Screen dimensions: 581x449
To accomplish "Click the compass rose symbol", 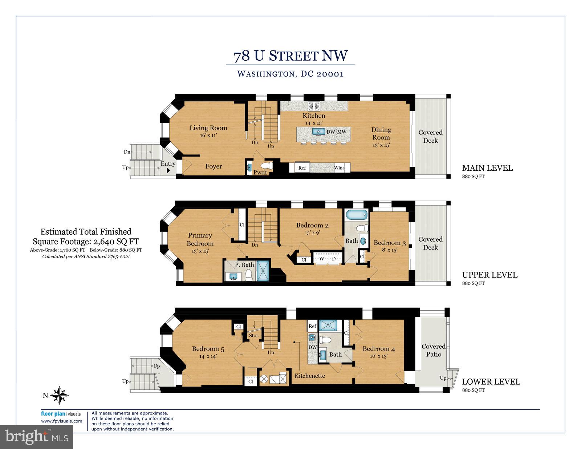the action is pos(59,395).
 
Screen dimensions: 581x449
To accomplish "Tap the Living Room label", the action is pos(208,128).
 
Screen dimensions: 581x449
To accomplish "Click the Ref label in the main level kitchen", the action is pos(302,168).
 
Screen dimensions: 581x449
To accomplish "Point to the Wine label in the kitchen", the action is pos(339,168).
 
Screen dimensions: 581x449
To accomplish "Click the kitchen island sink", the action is pos(319,132).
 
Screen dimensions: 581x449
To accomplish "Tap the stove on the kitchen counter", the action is pos(314,106).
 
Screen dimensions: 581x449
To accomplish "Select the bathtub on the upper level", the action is pos(357,215).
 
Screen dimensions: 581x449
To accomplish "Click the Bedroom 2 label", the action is pos(312,225).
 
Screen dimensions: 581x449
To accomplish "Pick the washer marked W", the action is pos(322,259).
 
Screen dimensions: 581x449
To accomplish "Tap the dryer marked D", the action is pos(334,259).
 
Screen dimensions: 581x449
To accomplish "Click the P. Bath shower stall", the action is pos(263,271).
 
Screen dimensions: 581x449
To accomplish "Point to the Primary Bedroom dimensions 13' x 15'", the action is pos(200,251).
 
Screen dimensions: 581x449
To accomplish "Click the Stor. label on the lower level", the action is pos(254,335).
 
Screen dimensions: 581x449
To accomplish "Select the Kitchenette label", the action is pos(310,376).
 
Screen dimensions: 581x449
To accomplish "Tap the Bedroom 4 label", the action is pos(379,349).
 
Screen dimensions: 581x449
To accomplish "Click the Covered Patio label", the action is pos(434,350).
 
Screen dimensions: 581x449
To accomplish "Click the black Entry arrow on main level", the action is pos(168,170).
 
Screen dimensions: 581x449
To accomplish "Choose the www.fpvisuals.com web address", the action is pos(61,421).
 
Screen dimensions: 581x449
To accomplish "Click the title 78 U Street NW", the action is pos(290,56).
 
